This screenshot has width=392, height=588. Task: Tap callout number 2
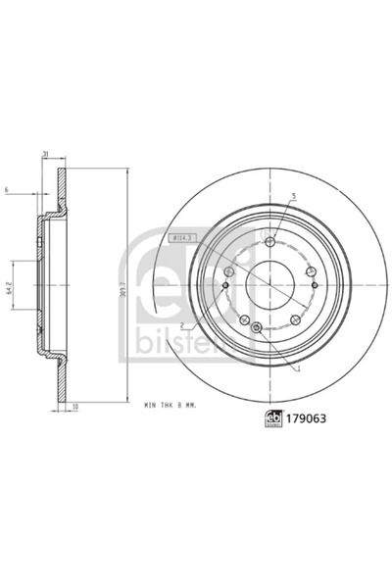coord(183,326)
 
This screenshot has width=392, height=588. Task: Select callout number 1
coord(297,369)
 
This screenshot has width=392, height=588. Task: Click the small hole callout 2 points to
coord(225,286)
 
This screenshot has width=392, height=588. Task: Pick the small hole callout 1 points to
coord(257,327)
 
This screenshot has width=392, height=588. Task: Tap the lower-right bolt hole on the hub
coord(296,315)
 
